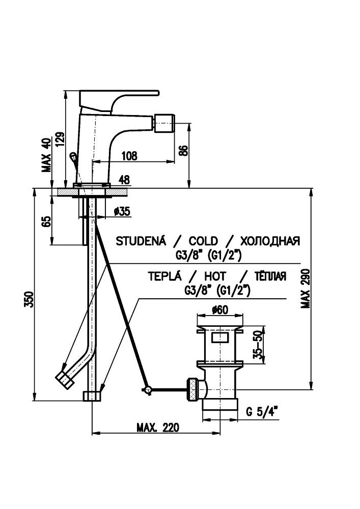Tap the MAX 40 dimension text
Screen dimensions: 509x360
47,155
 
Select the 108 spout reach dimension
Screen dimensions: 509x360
130,157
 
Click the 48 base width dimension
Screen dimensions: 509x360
123,179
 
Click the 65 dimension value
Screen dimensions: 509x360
47,221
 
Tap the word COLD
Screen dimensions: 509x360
203,241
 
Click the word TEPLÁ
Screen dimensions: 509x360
164,276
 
